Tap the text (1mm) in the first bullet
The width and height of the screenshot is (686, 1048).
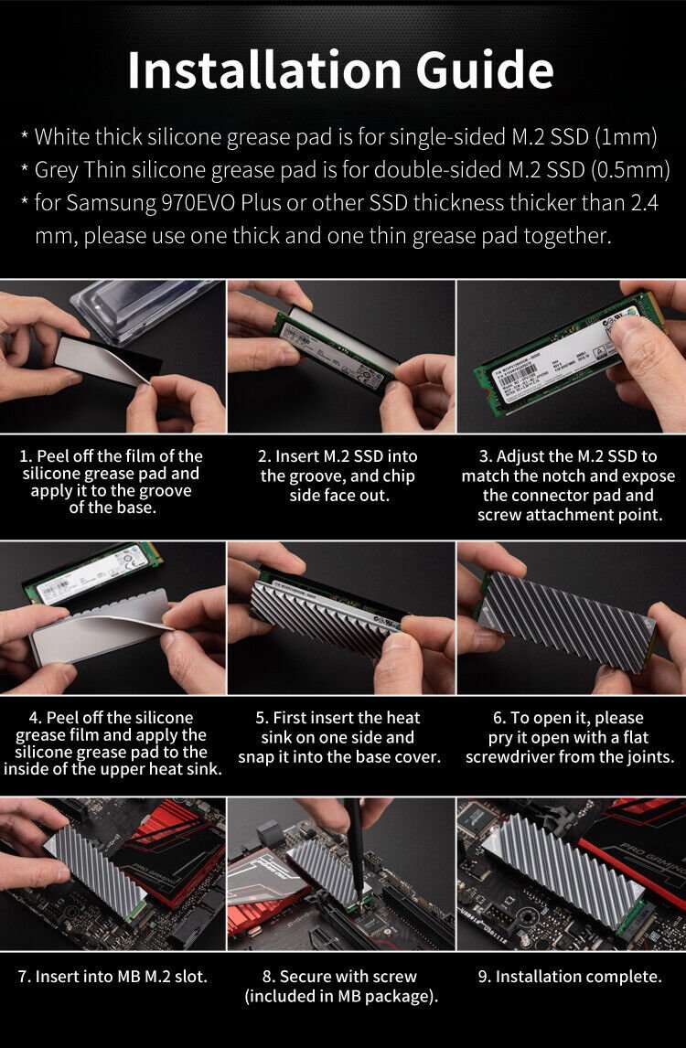pos(626,138)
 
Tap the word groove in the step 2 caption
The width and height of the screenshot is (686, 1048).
pos(314,476)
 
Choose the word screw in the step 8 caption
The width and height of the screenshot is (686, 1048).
pos(397,976)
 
